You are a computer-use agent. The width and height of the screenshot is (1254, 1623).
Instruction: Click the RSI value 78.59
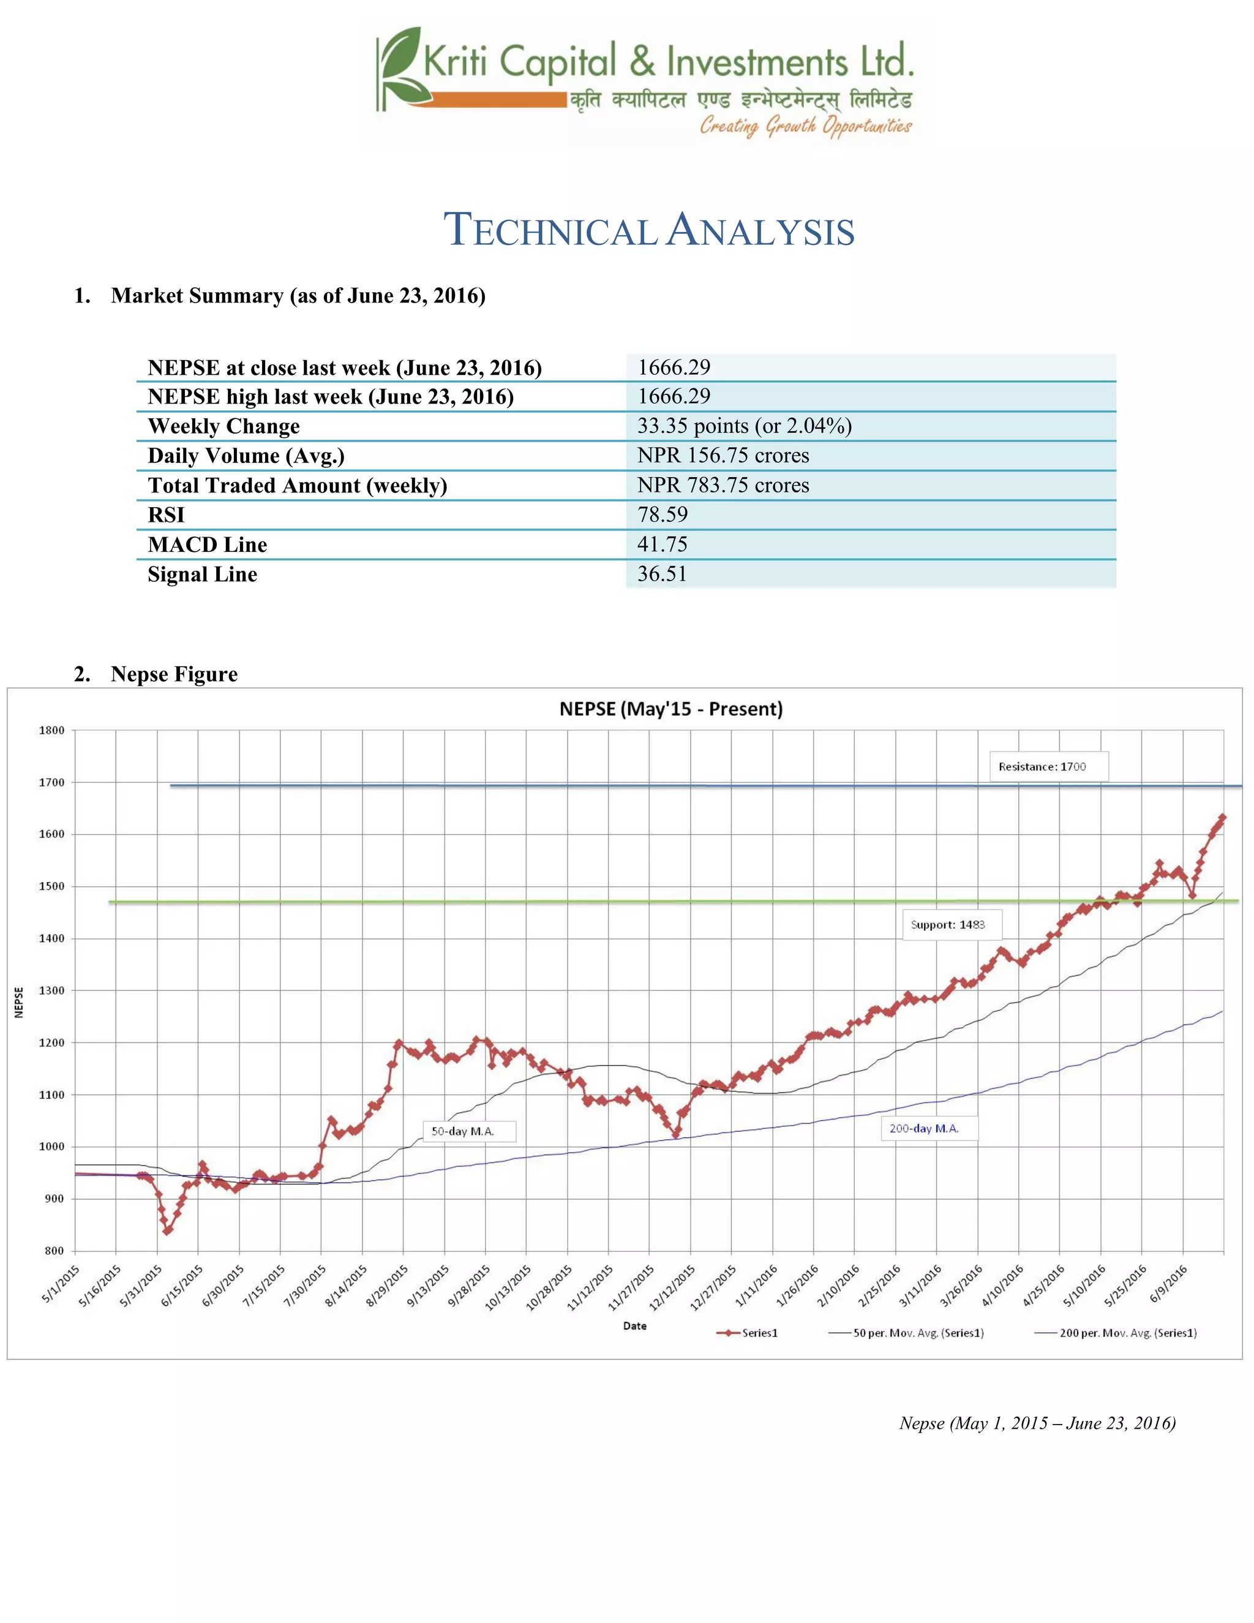[662, 514]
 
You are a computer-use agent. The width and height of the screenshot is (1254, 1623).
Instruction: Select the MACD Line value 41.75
[662, 544]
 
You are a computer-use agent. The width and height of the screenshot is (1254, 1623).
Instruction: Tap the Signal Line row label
[202, 574]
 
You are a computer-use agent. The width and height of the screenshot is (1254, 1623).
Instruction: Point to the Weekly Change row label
[223, 426]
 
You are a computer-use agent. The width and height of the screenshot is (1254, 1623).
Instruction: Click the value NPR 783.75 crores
[723, 484]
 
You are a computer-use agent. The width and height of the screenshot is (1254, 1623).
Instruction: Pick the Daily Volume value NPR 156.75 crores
[723, 455]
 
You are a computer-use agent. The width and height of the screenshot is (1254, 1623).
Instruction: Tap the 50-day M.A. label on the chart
[462, 1131]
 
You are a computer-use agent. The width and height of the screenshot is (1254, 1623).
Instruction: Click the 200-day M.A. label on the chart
[923, 1128]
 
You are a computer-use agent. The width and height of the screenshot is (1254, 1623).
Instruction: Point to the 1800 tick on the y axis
[52, 731]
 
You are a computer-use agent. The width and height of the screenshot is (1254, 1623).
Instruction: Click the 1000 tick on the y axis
[52, 1147]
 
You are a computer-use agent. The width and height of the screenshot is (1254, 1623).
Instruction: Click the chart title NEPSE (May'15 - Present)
[671, 709]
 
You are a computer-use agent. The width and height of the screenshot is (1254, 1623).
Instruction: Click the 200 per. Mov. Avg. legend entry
[1117, 1333]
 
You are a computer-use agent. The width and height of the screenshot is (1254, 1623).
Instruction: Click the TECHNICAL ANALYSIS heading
[648, 230]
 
